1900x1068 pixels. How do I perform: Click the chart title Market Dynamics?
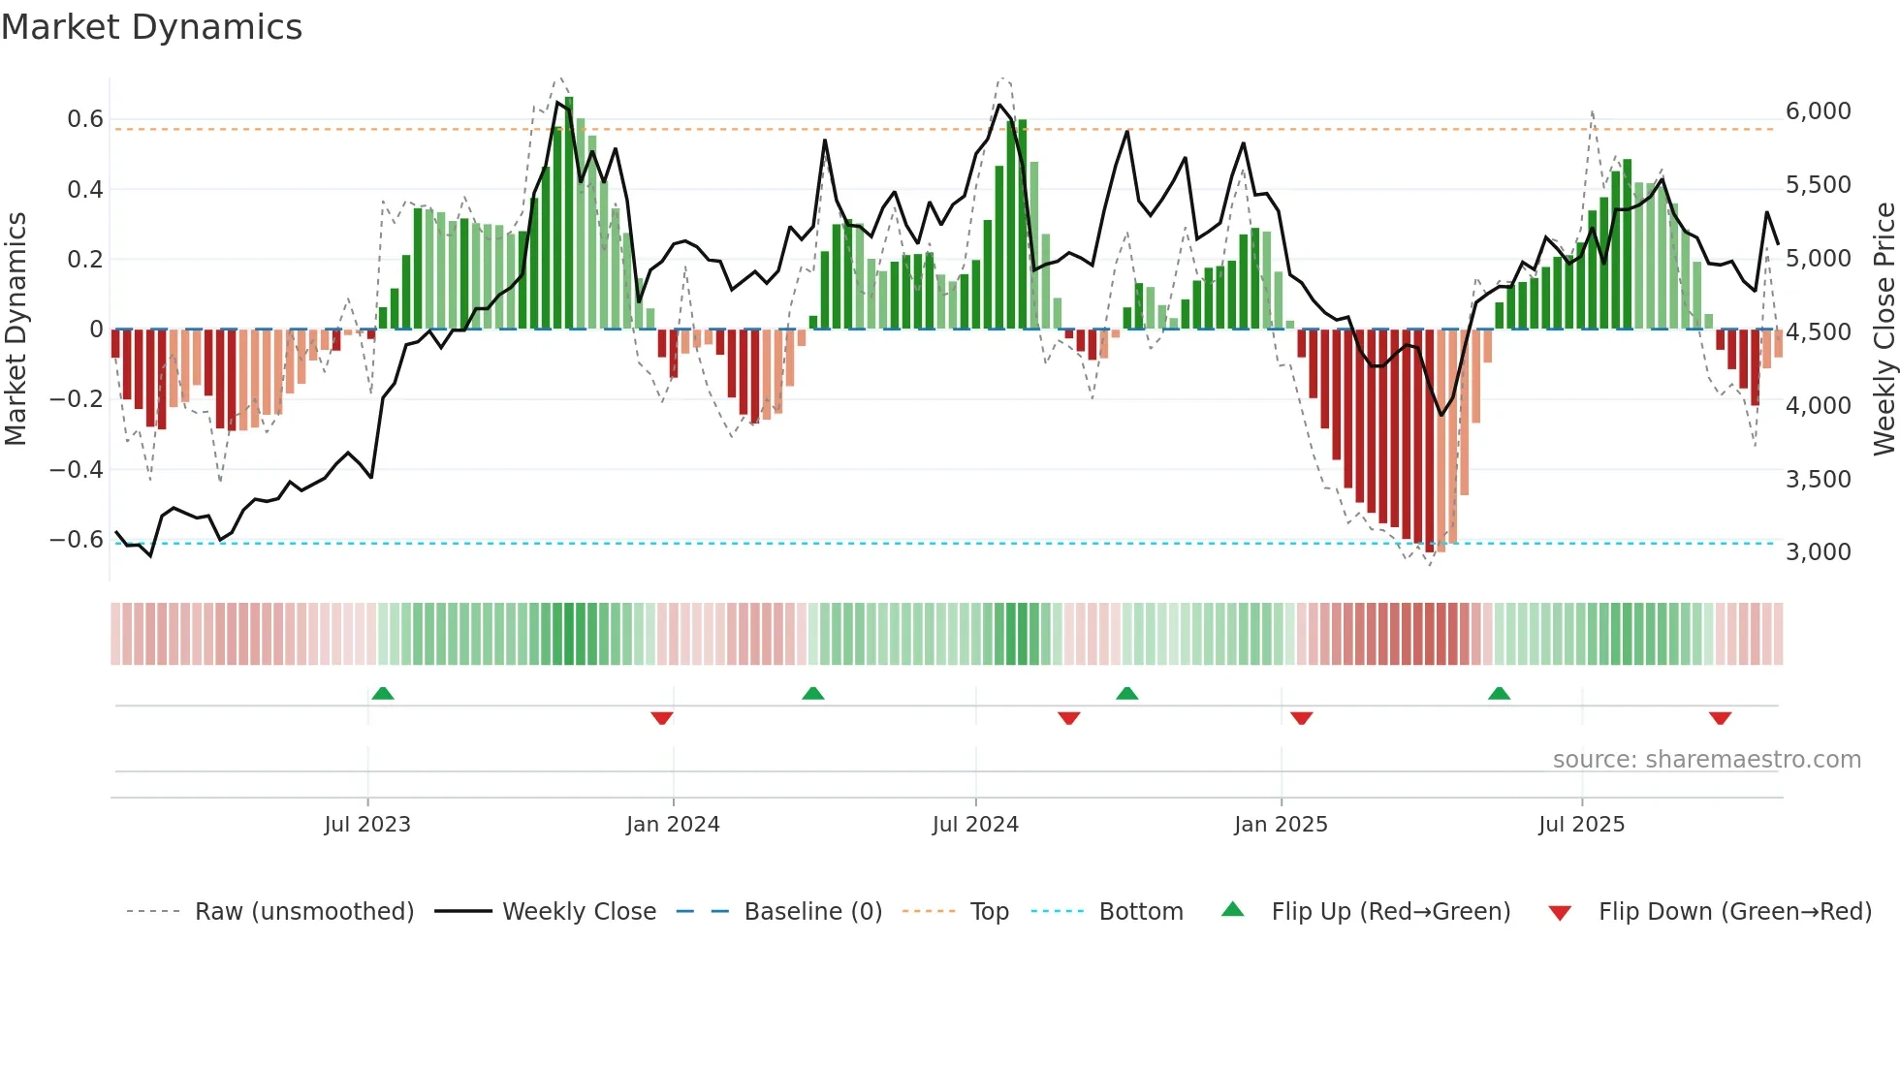point(151,27)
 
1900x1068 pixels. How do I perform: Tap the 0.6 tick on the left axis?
point(84,119)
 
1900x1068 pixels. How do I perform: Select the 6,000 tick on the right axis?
point(1818,111)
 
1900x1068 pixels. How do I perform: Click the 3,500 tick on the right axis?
point(1818,480)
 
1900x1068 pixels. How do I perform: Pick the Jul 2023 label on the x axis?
point(367,825)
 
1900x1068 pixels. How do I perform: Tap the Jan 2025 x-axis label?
point(1281,825)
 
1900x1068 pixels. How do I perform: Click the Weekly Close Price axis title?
point(1884,330)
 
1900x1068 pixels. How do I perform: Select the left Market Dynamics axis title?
point(16,330)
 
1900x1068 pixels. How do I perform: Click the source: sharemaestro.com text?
point(1706,760)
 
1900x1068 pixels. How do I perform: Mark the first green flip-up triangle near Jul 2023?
point(383,694)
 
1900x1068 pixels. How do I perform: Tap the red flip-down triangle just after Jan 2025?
point(1302,718)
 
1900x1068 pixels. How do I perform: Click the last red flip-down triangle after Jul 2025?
point(1721,718)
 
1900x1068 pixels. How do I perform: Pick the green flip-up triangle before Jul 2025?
point(1499,694)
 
